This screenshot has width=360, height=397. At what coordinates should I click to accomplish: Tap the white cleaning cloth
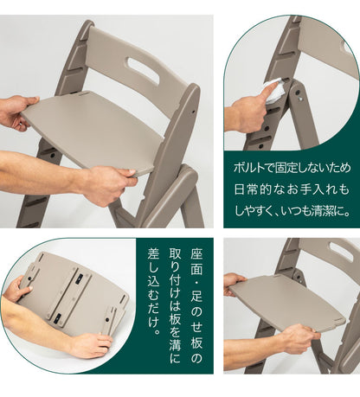click(274, 90)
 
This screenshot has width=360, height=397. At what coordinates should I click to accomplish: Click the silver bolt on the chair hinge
click(301, 99)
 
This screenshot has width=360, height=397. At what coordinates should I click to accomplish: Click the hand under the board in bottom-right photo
click(300, 337)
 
